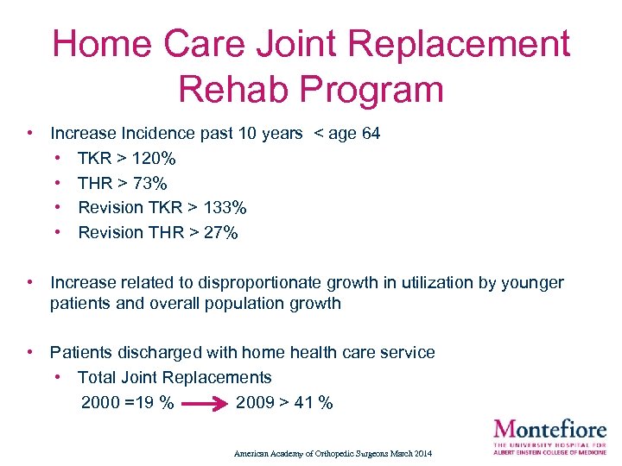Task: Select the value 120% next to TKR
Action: point(158,159)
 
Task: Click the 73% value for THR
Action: point(150,183)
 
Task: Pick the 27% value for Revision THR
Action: point(220,232)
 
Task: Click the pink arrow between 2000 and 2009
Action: point(205,403)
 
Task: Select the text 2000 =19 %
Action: point(127,403)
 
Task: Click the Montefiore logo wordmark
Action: point(549,428)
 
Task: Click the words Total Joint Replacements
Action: point(175,377)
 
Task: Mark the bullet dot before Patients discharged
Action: point(30,352)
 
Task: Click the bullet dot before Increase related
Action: point(30,282)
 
